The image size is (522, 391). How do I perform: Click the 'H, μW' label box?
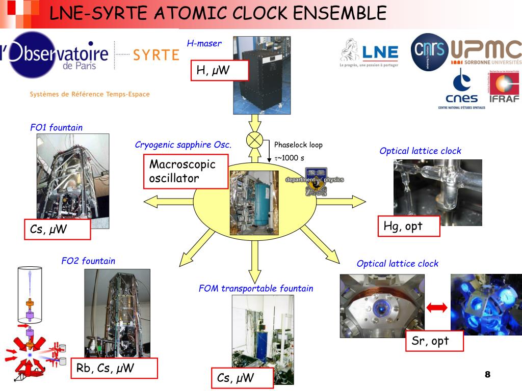point(220,71)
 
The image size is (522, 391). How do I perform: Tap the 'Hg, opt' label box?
point(408,226)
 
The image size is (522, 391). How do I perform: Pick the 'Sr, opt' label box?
point(435,341)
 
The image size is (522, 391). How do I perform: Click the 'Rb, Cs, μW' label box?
point(114,368)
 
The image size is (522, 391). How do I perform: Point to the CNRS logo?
point(429,52)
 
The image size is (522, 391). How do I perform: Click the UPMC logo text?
point(486,51)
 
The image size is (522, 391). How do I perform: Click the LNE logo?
point(370,52)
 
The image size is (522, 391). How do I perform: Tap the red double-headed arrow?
point(437,308)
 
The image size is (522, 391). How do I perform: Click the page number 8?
point(487,375)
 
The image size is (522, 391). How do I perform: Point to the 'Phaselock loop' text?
point(298,145)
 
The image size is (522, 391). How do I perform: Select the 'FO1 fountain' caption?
point(56,128)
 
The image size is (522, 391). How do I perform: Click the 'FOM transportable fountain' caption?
point(256,289)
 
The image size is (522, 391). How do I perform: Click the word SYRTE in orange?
point(155,55)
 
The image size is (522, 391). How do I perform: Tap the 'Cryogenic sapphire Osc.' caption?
point(183,145)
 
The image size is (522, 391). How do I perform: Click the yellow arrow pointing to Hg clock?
point(342,202)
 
